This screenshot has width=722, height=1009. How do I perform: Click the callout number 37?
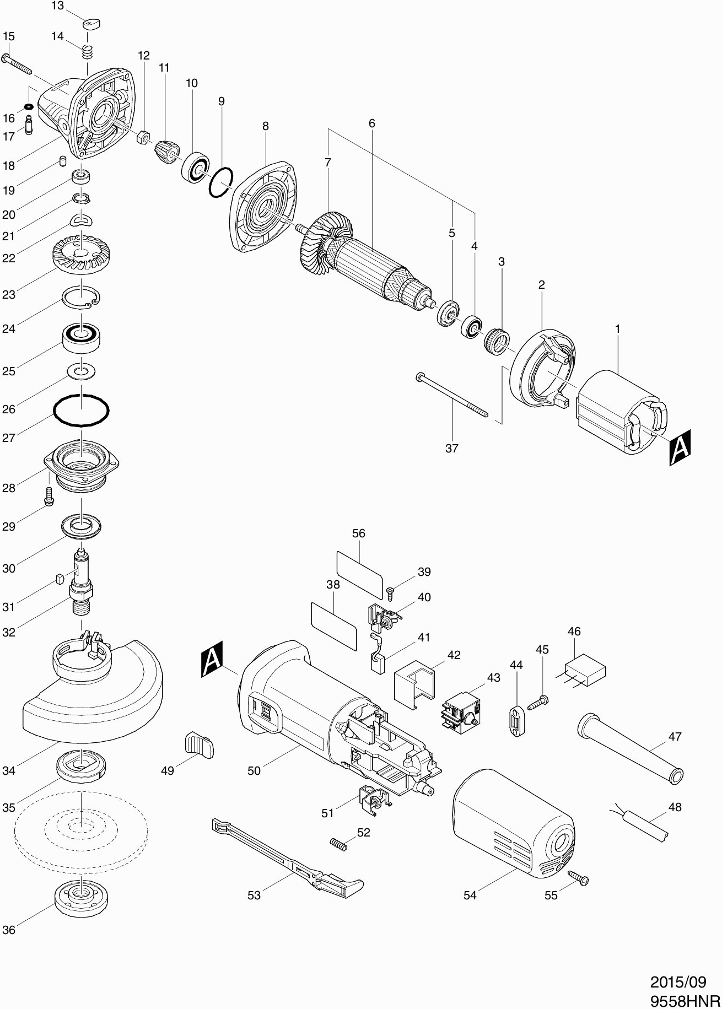[451, 448]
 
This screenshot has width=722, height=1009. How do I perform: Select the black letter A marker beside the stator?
[680, 448]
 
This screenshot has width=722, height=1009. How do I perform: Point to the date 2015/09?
[678, 982]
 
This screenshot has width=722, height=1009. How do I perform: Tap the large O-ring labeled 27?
[81, 410]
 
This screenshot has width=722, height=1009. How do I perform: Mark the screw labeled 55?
[578, 877]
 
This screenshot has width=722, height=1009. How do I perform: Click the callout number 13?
[57, 6]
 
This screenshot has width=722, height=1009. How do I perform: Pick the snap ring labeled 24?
[80, 299]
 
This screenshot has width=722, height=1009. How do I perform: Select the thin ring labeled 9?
[221, 182]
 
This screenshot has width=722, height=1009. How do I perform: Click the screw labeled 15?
[17, 64]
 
